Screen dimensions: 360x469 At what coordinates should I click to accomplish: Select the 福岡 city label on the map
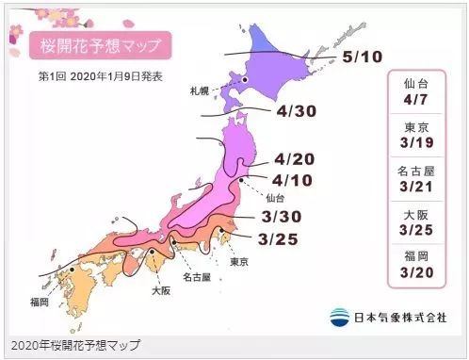(x=39, y=302)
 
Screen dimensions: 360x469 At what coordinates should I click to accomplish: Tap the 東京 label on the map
(x=239, y=261)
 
